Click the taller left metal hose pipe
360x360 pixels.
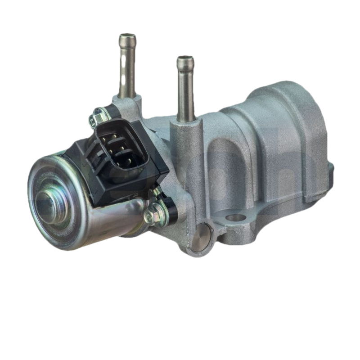coord(127,67)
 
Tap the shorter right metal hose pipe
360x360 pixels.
coord(185,90)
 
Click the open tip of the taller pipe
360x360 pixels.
coord(128,36)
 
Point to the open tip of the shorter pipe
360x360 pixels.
coord(185,59)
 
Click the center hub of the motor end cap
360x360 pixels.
coord(47,205)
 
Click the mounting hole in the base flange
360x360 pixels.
coord(235,218)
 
